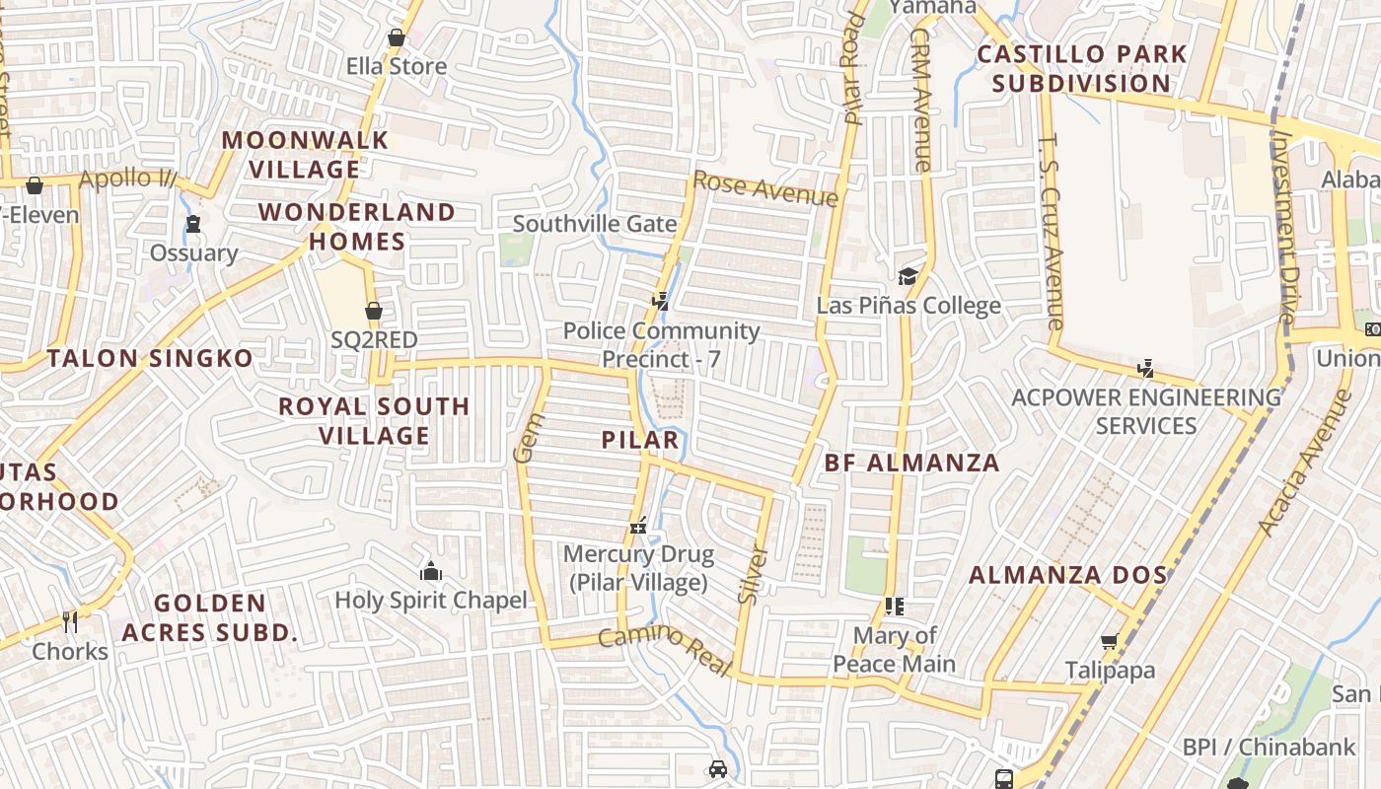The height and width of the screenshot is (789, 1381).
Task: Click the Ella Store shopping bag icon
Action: pos(396,38)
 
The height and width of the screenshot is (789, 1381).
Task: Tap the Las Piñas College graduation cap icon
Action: pos(908,276)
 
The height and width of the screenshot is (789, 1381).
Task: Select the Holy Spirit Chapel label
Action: pos(431,600)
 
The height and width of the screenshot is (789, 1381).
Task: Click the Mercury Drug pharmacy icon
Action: pos(638,526)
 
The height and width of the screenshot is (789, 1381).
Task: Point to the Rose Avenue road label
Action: pos(765,188)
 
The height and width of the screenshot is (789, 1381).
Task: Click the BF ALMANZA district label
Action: pos(911,463)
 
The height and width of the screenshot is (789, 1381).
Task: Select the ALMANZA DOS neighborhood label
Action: pos(1068,575)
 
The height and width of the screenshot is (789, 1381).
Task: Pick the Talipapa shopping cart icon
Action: pos(1110,642)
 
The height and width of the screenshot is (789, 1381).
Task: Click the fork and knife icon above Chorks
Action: pos(69,621)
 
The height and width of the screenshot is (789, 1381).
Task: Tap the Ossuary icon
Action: pos(193,224)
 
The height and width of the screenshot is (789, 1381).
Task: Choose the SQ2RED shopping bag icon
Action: pos(374,311)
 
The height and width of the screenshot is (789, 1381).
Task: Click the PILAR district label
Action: pos(641,440)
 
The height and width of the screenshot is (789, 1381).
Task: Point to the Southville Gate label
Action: pos(595,224)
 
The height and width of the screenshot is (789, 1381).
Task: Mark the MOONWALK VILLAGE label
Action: pos(305,155)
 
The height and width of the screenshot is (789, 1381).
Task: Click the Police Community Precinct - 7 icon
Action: pos(661,301)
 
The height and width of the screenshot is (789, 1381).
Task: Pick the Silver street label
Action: pos(752,574)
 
